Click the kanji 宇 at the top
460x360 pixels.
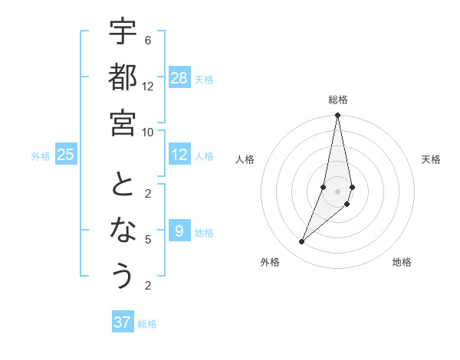pyautogui.click(x=123, y=32)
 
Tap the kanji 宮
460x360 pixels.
pyautogui.click(x=123, y=122)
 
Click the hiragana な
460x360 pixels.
pyautogui.click(x=123, y=231)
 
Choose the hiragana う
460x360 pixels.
pyautogui.click(x=123, y=275)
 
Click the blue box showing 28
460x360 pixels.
pyautogui.click(x=179, y=77)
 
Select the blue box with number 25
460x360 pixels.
pyautogui.click(x=66, y=155)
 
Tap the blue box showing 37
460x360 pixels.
pyautogui.click(x=123, y=322)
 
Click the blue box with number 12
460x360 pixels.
pyautogui.click(x=179, y=155)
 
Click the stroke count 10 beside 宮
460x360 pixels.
pyautogui.click(x=148, y=132)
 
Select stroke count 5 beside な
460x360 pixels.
pyautogui.click(x=148, y=240)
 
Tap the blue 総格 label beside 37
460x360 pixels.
pyautogui.click(x=147, y=324)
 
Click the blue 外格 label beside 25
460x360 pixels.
pyautogui.click(x=41, y=156)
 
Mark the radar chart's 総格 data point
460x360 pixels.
pyautogui.click(x=337, y=116)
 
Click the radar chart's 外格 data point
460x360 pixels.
pyautogui.click(x=302, y=241)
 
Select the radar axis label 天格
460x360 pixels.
pyautogui.click(x=432, y=159)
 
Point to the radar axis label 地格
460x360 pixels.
pyautogui.click(x=402, y=262)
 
